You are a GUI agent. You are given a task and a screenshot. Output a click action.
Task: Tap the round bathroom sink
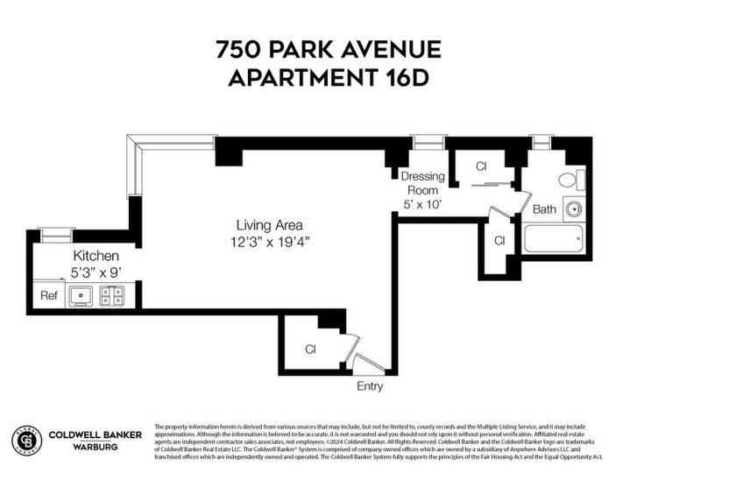tap(574, 209)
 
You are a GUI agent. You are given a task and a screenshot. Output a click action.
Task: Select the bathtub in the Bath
tap(553, 238)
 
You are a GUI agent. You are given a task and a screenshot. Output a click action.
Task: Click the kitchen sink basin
tap(81, 295)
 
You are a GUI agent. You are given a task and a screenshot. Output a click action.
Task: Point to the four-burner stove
tap(112, 295)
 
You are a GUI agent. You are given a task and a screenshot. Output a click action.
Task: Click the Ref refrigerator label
tap(49, 296)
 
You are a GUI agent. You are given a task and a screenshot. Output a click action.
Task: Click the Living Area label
tap(264, 225)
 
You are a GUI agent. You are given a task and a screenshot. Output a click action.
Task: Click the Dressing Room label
tap(423, 183)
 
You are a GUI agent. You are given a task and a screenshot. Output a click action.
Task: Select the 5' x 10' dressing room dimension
tap(422, 204)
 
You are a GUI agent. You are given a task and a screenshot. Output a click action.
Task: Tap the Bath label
tap(544, 209)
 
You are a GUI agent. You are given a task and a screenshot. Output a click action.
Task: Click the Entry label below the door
tap(369, 386)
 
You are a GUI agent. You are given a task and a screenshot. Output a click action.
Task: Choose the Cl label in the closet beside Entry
tap(310, 349)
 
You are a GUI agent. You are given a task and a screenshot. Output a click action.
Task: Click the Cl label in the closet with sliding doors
tap(481, 166)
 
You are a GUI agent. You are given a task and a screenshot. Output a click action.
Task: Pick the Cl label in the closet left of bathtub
tap(499, 240)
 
